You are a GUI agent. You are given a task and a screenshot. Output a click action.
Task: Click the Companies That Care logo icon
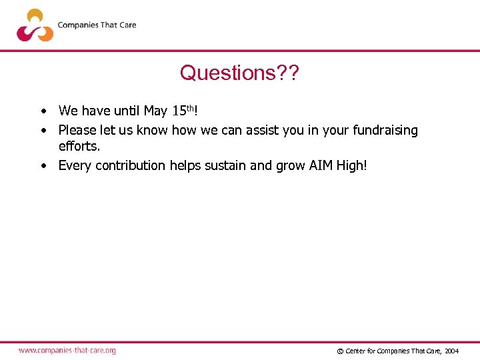pyautogui.click(x=35, y=25)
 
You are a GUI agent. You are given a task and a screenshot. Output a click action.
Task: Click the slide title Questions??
pyautogui.click(x=239, y=72)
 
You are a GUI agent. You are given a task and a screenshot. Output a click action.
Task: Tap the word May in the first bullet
pyautogui.click(x=155, y=111)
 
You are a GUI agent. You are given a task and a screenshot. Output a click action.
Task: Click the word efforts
pyautogui.click(x=79, y=146)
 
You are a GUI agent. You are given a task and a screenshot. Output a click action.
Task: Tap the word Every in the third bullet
pyautogui.click(x=75, y=165)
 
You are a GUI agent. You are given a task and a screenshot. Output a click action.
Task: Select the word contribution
pyautogui.click(x=131, y=165)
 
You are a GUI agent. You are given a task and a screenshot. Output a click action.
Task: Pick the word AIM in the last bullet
pyautogui.click(x=321, y=165)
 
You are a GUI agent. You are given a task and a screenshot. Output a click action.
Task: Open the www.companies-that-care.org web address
pyautogui.click(x=67, y=351)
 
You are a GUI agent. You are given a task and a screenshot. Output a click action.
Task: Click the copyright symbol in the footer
pyautogui.click(x=340, y=351)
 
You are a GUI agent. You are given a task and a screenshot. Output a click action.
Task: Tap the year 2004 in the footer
pyautogui.click(x=451, y=351)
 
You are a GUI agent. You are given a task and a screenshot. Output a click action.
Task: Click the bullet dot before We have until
pyautogui.click(x=42, y=111)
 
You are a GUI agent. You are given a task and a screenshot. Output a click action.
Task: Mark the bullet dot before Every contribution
pyautogui.click(x=42, y=165)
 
